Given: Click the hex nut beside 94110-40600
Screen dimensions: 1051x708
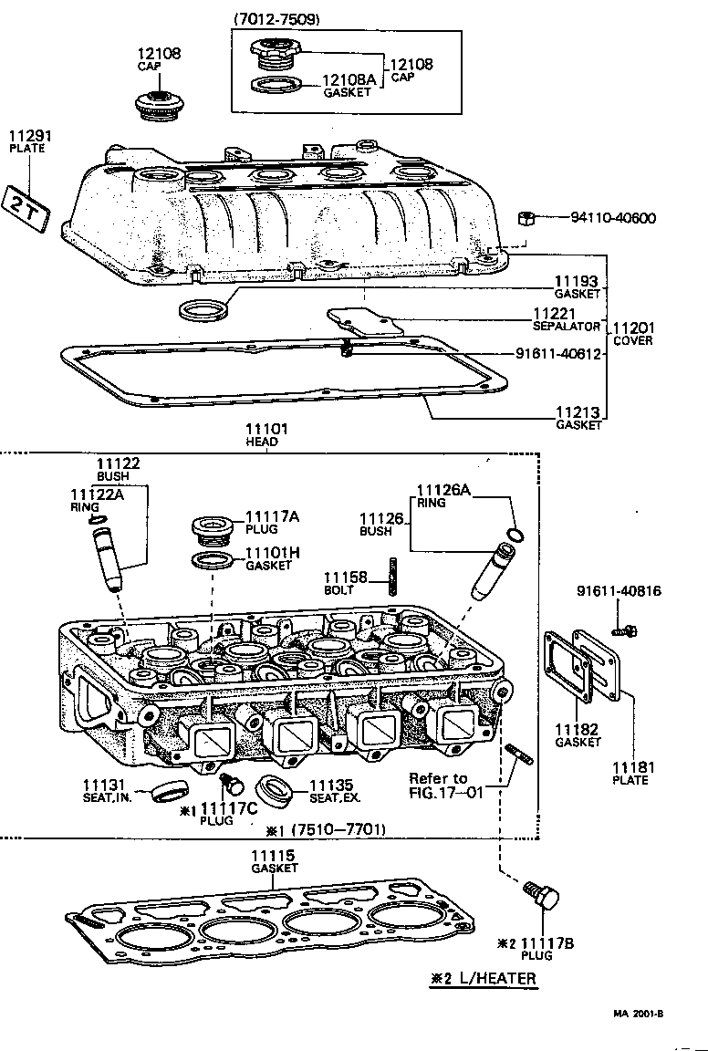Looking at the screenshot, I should tap(525, 218).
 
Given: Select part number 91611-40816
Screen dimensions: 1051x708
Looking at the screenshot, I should tap(619, 591).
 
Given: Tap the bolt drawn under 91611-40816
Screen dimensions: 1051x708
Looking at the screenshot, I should tap(627, 630).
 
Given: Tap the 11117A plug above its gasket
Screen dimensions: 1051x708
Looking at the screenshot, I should tap(211, 528).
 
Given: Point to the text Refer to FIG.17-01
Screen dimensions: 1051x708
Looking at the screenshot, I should tap(438, 785).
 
